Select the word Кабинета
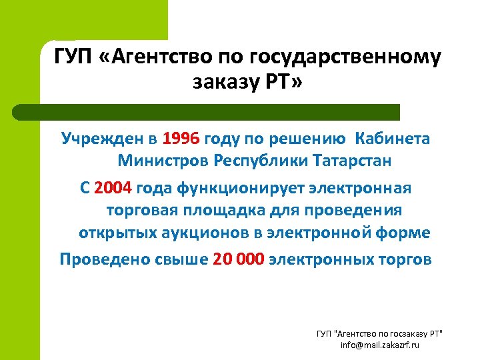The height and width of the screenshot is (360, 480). [393, 139]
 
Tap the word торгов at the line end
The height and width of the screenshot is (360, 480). [403, 259]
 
